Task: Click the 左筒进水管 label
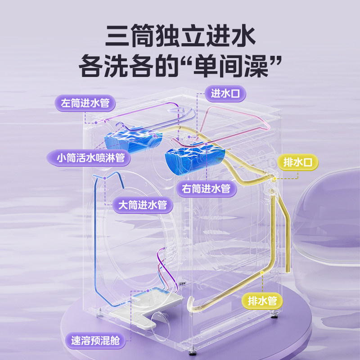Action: click(85, 103)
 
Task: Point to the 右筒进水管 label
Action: click(207, 188)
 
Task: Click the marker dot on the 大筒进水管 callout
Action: click(104, 178)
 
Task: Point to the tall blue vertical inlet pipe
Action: click(96, 234)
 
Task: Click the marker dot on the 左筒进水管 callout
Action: click(96, 122)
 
